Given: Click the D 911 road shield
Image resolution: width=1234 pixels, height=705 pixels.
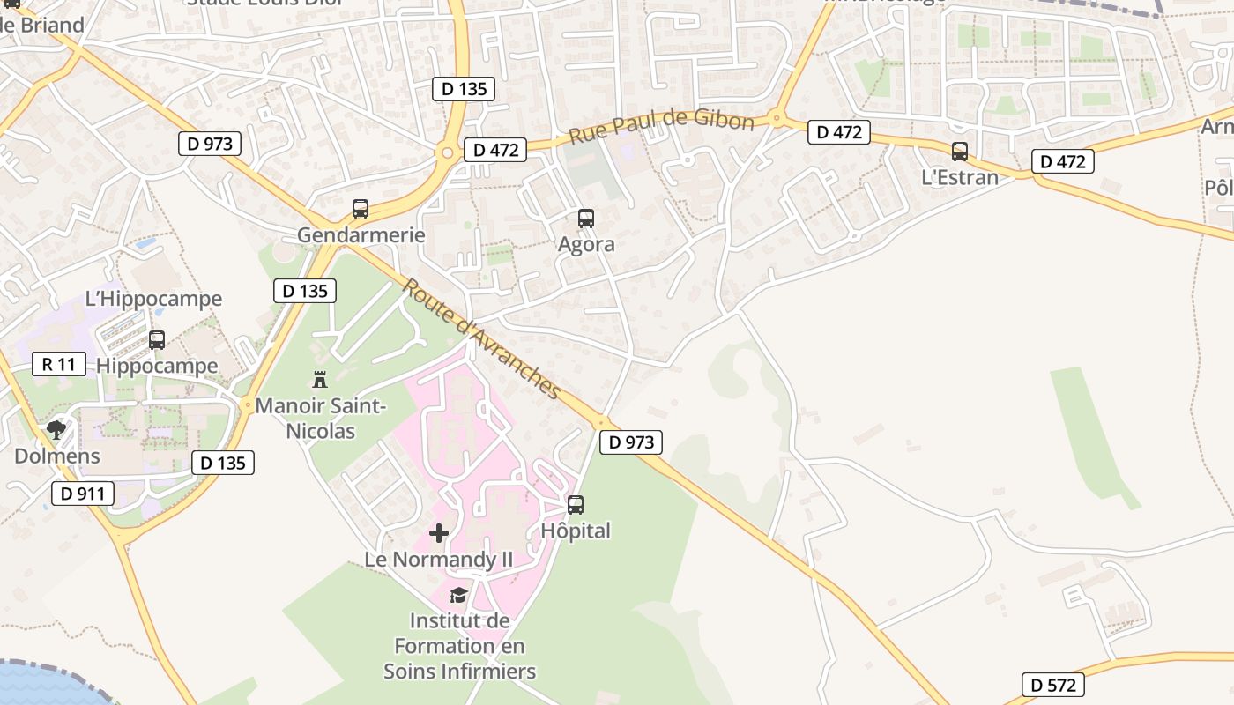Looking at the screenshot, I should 83,493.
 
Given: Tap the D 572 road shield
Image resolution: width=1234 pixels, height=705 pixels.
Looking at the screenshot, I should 1053,685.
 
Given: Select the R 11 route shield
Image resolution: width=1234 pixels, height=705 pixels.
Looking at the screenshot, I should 59,364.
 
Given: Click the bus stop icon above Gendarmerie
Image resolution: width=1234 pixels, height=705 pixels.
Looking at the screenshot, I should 361,209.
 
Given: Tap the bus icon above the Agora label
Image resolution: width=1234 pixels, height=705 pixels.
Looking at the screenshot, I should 586,219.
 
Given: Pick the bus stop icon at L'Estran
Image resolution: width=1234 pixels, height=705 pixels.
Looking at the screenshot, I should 960,152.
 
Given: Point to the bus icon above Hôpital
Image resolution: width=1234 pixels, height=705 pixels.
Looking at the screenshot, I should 576,505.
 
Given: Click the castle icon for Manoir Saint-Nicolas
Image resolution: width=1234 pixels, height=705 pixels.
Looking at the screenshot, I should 320,380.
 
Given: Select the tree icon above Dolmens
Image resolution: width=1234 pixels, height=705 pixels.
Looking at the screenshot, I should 56,430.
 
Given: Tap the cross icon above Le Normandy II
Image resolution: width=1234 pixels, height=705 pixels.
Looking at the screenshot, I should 438,533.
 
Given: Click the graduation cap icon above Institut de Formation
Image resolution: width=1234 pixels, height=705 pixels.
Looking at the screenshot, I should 458,595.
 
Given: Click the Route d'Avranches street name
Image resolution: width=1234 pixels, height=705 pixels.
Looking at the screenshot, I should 482,339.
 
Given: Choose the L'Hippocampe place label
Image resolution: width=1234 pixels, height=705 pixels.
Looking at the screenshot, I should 153,299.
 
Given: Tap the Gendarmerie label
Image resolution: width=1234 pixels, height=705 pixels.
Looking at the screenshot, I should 361,235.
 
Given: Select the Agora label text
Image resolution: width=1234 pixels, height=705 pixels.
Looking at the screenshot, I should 586,244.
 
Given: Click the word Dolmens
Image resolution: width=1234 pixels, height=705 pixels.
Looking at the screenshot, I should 57,456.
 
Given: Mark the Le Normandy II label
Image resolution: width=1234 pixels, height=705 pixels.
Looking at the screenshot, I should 438,560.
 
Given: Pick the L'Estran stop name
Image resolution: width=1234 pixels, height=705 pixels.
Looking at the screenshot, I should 960,177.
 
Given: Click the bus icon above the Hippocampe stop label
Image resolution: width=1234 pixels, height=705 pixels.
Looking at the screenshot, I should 157,339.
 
